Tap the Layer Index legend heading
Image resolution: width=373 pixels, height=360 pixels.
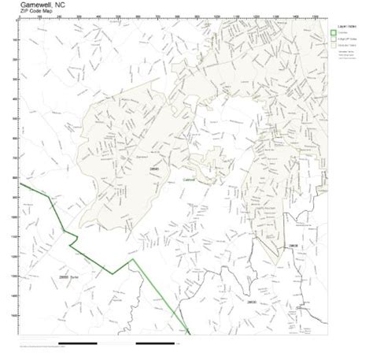pos(349,24)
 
